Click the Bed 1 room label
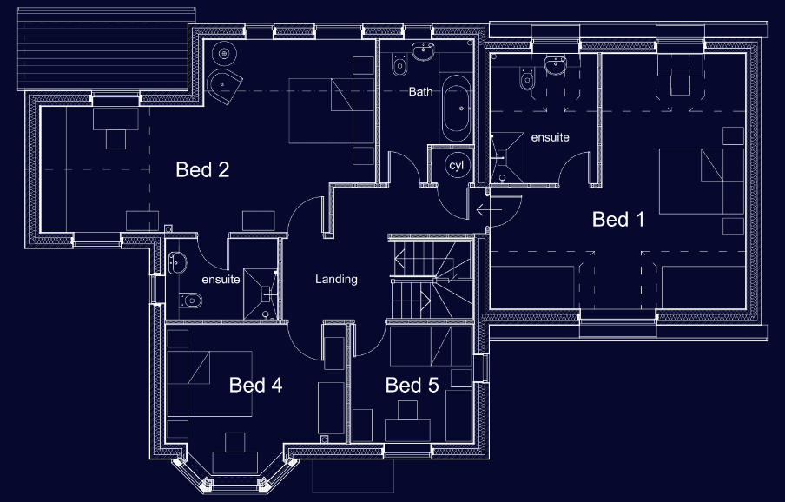[618, 219]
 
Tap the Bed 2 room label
[202, 169]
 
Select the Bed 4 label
[255, 385]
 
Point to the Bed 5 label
[412, 385]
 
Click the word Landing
[336, 280]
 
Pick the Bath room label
[420, 91]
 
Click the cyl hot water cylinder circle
[456, 165]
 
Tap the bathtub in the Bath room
[456, 109]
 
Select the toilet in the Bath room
[399, 63]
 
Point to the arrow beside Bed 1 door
[488, 209]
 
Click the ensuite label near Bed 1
[550, 137]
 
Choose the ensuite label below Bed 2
[220, 280]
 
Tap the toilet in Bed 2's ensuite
[192, 301]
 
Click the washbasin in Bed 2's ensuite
[177, 260]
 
